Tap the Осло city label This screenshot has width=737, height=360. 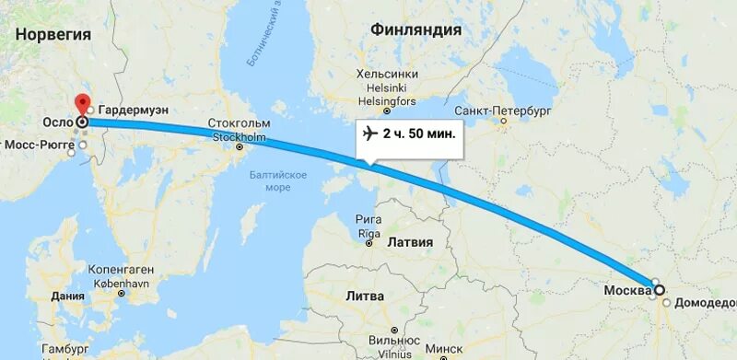click(x=58, y=122)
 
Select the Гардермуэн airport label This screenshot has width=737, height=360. click(x=133, y=109)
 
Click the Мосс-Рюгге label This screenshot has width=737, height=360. click(x=42, y=145)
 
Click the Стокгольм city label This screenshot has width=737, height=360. click(x=240, y=122)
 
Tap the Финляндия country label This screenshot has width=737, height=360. click(x=415, y=29)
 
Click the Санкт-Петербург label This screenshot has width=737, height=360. click(x=502, y=110)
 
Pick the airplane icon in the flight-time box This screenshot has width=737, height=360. click(x=370, y=134)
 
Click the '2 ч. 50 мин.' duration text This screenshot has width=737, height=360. click(x=419, y=134)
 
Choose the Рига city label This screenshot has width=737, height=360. click(x=369, y=220)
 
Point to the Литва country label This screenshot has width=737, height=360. click(x=366, y=296)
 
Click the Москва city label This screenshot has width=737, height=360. click(x=627, y=291)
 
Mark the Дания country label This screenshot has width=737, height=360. click(x=68, y=296)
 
